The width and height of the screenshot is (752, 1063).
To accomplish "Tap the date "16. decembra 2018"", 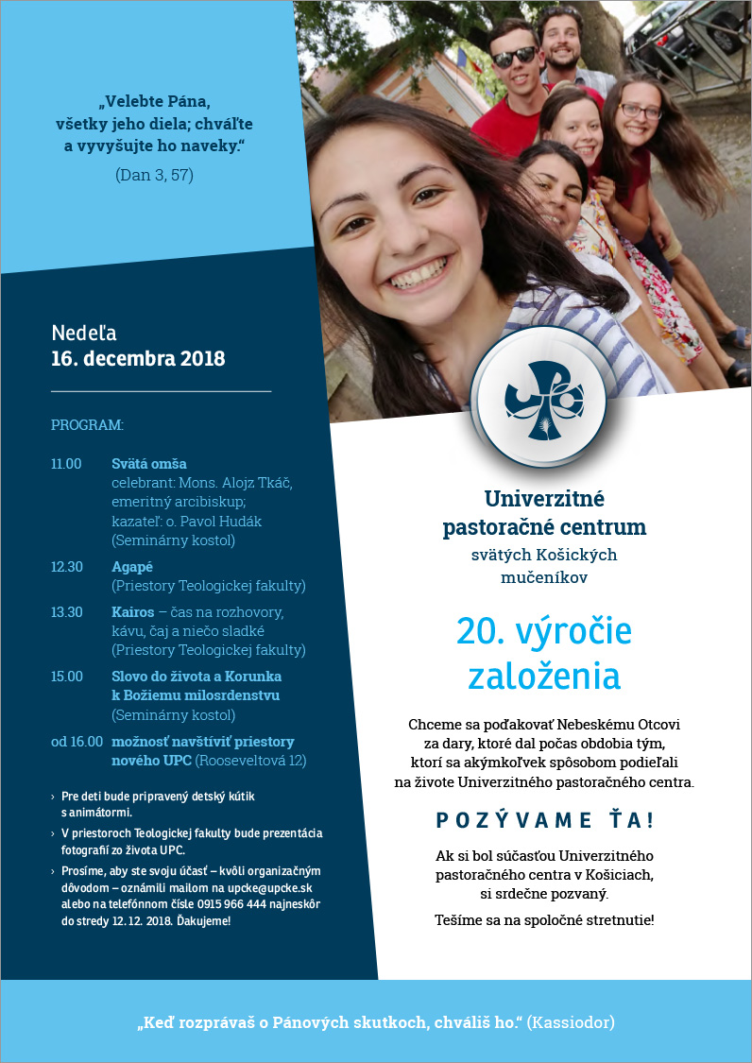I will pos(138,359).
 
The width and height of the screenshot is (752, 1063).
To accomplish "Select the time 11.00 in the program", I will pos(66,464).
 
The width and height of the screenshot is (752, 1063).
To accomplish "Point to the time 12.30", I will pos(66,567).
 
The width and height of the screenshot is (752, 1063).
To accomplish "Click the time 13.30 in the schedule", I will pos(66,612).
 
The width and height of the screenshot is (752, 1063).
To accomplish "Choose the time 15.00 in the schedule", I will pos(66,677).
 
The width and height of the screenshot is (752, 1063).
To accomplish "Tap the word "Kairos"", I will pos(133,612).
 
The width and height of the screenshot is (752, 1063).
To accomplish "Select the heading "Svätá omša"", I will pos(149,464).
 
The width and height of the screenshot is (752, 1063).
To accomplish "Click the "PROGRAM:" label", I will pos(87,425).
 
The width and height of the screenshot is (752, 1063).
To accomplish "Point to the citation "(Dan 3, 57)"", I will pos(155,175).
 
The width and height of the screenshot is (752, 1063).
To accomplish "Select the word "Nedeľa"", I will pos(84,333).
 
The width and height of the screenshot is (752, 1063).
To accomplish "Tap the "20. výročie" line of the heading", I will pos(544,631).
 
